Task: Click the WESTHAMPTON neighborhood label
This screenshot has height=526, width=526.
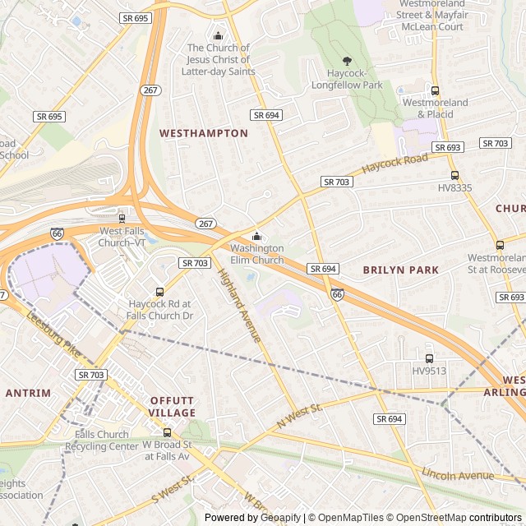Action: pyautogui.click(x=203, y=133)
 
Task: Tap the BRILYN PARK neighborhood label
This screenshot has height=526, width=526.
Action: pyautogui.click(x=400, y=270)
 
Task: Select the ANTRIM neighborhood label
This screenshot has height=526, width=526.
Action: pyautogui.click(x=28, y=394)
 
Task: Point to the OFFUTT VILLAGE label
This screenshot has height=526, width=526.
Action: pyautogui.click(x=173, y=407)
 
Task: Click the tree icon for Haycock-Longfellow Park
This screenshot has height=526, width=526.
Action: pyautogui.click(x=347, y=61)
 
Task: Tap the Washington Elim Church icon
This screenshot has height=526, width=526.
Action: pyautogui.click(x=256, y=237)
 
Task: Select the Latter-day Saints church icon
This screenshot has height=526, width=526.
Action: pyautogui.click(x=218, y=35)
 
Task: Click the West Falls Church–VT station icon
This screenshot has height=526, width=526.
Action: pyautogui.click(x=122, y=219)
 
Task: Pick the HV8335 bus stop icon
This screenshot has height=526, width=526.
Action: pyautogui.click(x=454, y=175)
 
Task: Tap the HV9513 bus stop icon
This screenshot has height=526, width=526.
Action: pyautogui.click(x=428, y=358)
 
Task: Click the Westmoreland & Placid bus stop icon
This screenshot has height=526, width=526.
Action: pyautogui.click(x=435, y=90)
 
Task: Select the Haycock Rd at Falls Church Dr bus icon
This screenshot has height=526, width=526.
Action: pyautogui.click(x=160, y=292)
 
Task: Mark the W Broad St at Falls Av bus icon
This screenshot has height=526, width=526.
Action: pyautogui.click(x=167, y=432)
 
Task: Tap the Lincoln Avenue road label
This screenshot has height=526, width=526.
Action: pyautogui.click(x=457, y=475)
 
